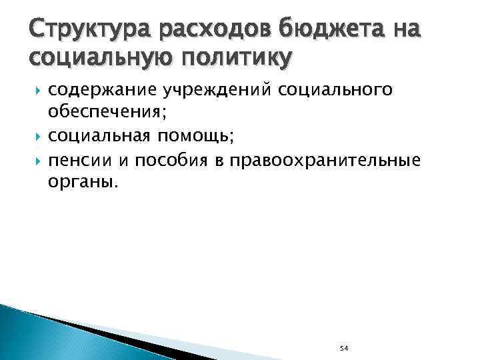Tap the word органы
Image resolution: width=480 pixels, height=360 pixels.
coord(82,183)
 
